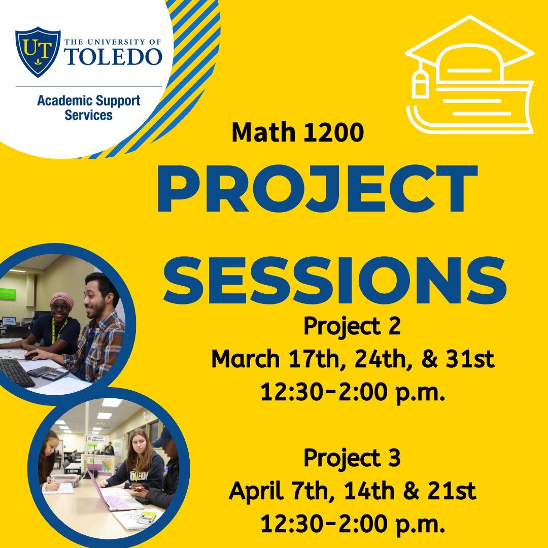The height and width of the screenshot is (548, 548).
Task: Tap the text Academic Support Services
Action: [x=89, y=108]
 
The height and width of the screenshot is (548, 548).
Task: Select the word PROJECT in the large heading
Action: [x=317, y=188]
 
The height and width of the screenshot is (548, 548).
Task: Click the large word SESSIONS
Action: [x=334, y=281]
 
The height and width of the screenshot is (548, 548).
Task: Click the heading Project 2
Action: [x=352, y=326]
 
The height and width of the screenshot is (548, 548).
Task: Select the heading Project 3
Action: [x=352, y=458]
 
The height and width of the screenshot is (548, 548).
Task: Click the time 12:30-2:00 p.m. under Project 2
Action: [x=353, y=392]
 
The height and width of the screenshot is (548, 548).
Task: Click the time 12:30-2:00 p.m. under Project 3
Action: [x=353, y=524]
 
